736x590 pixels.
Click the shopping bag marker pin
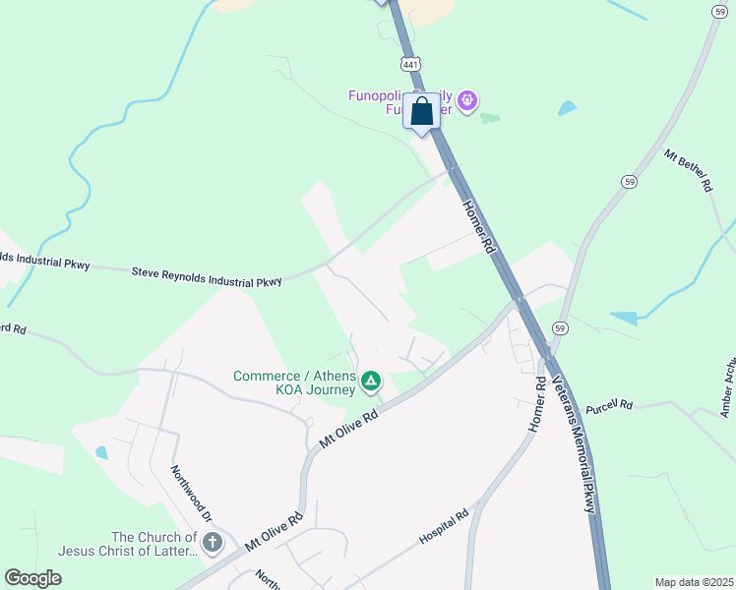click(421, 112)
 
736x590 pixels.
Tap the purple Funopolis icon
click(467, 99)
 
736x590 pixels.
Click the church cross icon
click(212, 543)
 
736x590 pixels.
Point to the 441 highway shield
click(410, 63)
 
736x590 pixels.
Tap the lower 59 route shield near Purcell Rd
click(560, 327)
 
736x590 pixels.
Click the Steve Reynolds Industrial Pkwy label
click(207, 275)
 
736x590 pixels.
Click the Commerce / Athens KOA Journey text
click(294, 383)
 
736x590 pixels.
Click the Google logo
click(32, 577)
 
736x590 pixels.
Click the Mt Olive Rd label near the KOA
click(349, 431)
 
